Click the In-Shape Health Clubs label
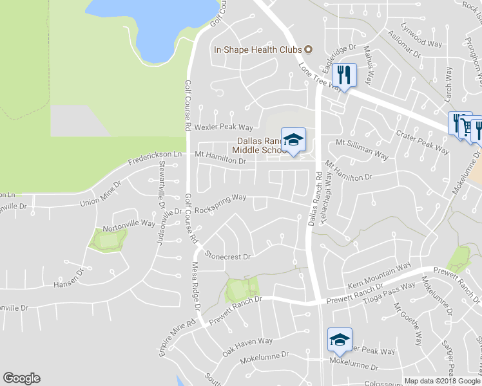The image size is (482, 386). click(x=258, y=50)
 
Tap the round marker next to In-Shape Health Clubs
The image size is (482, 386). click(x=308, y=50)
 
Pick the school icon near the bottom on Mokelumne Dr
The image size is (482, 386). click(x=340, y=340)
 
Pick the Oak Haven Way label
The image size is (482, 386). click(x=247, y=347)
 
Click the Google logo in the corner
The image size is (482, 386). click(x=21, y=378)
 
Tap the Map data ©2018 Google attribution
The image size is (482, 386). click(x=442, y=381)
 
